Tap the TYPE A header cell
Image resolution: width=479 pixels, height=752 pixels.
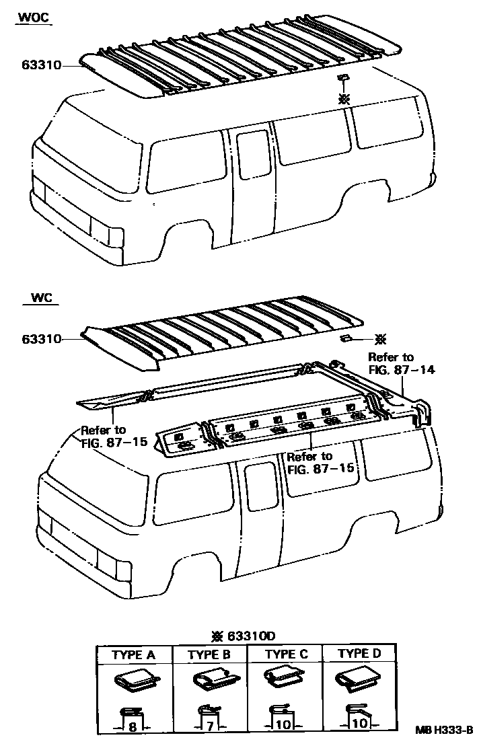[x=134, y=654]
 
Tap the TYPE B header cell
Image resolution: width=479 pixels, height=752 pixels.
[x=209, y=654]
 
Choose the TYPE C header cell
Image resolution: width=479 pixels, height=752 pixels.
[x=286, y=654]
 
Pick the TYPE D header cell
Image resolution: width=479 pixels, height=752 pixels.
[x=360, y=654]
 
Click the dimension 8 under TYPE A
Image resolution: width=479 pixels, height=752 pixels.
[x=133, y=726]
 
